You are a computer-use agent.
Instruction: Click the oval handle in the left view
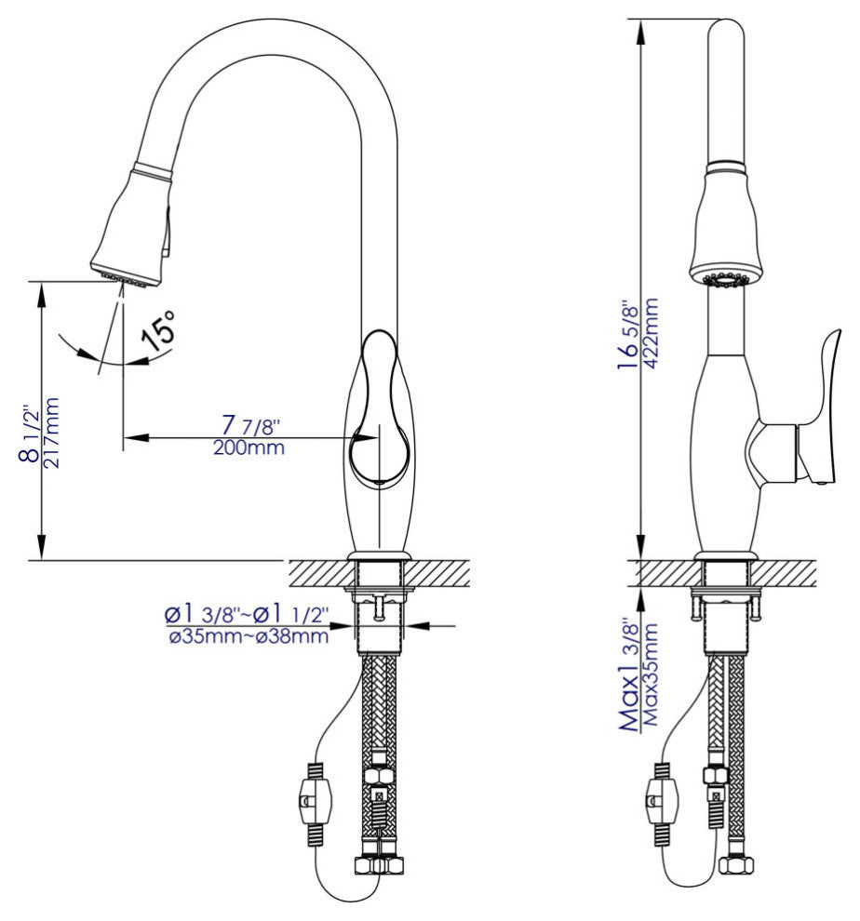(x=376, y=409)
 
